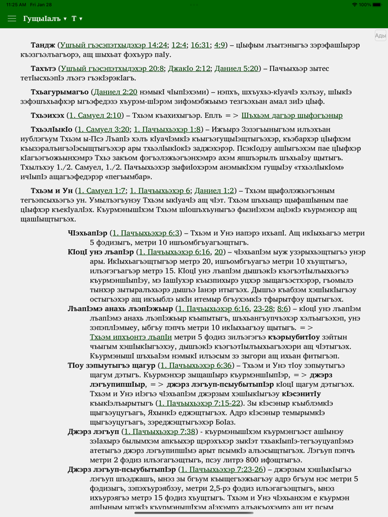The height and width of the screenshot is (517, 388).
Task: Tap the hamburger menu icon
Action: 12,19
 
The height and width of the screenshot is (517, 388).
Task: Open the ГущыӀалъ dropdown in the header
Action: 45,19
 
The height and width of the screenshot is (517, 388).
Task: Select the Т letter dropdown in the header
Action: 77,19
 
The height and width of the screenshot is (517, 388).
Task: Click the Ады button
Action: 380,36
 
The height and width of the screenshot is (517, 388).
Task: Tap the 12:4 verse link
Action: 178,45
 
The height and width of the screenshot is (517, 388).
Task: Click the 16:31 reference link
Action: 200,45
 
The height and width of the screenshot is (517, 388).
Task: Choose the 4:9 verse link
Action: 220,45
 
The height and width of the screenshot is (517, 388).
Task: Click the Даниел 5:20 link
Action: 237,69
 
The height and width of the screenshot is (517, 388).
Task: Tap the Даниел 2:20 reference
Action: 115,92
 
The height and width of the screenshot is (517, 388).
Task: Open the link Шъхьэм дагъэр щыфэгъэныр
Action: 292,115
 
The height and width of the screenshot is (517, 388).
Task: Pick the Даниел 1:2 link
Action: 215,190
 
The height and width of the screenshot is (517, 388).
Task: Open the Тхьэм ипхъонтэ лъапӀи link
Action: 131,336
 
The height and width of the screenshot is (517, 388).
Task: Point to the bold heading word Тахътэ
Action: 43,69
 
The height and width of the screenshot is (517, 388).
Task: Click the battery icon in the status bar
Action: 378,4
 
